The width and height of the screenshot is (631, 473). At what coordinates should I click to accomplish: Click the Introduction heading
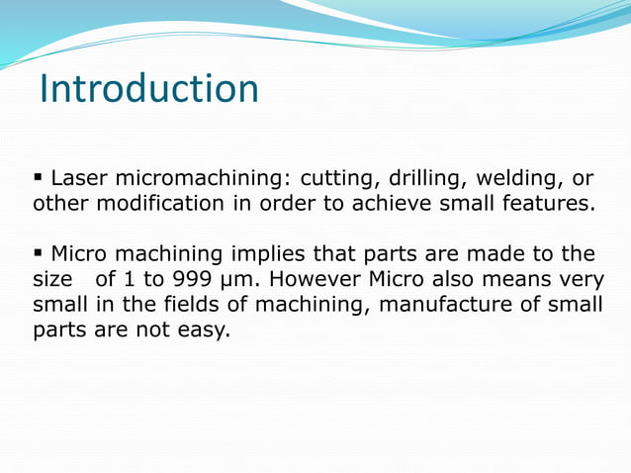149,89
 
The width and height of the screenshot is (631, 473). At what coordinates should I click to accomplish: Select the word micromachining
198,179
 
